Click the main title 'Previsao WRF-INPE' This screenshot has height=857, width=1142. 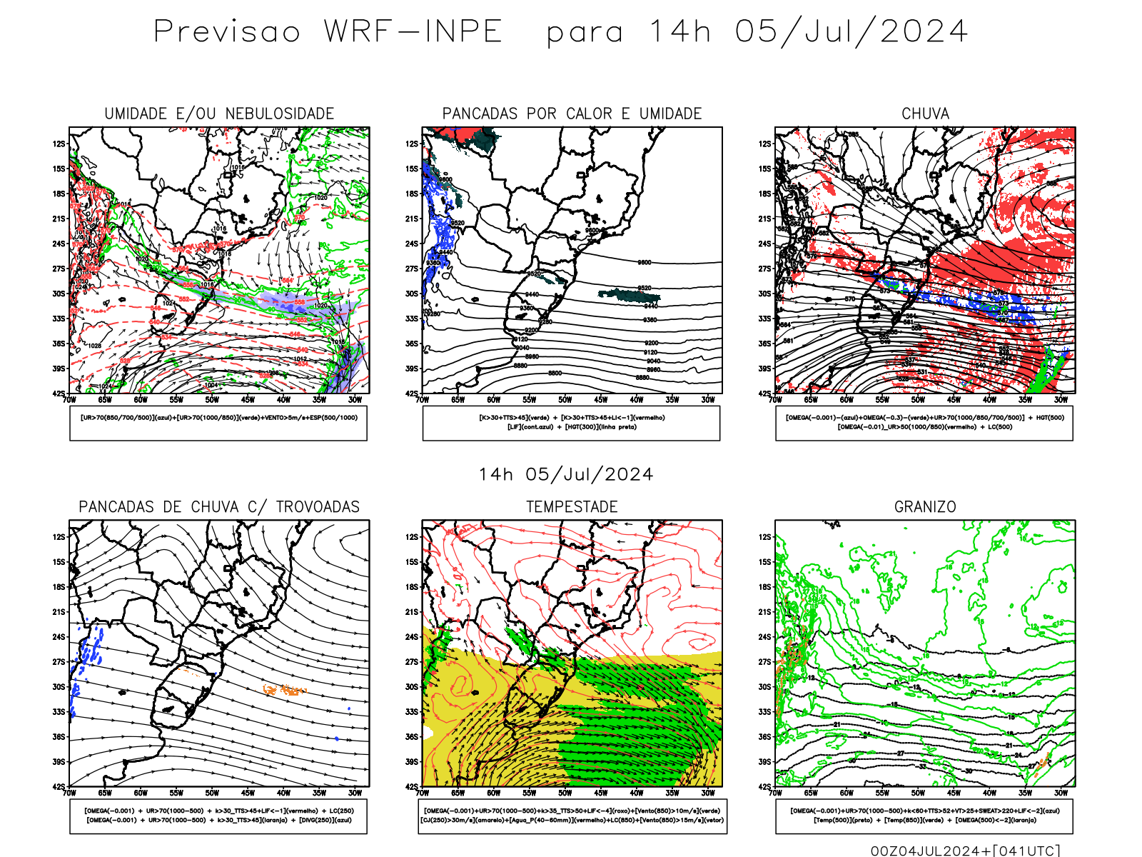pyautogui.click(x=328, y=32)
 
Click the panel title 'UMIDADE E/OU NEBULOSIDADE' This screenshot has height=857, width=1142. pyautogui.click(x=219, y=114)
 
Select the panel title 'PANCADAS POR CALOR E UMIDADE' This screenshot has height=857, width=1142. pyautogui.click(x=572, y=114)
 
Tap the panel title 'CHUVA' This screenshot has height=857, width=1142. pyautogui.click(x=925, y=114)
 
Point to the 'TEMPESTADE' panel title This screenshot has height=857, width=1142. pyautogui.click(x=572, y=507)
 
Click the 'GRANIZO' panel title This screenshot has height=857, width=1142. pyautogui.click(x=925, y=507)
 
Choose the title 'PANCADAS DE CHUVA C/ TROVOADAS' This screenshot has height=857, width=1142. pyautogui.click(x=219, y=507)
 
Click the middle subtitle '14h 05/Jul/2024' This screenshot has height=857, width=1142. pyautogui.click(x=566, y=475)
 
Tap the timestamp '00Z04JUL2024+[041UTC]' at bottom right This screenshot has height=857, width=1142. pyautogui.click(x=965, y=851)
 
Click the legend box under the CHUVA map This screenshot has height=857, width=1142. pyautogui.click(x=924, y=423)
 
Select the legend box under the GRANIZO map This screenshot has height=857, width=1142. pyautogui.click(x=924, y=816)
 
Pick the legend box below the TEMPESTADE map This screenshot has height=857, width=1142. pyautogui.click(x=572, y=816)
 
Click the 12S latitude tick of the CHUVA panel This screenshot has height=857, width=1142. pyautogui.click(x=764, y=144)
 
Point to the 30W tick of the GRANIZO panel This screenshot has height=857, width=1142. pyautogui.click(x=1061, y=793)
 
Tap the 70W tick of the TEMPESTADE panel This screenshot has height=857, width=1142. pyautogui.click(x=423, y=793)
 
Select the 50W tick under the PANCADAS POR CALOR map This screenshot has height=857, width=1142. pyautogui.click(x=565, y=400)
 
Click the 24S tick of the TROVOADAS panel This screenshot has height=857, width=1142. pyautogui.click(x=59, y=637)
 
